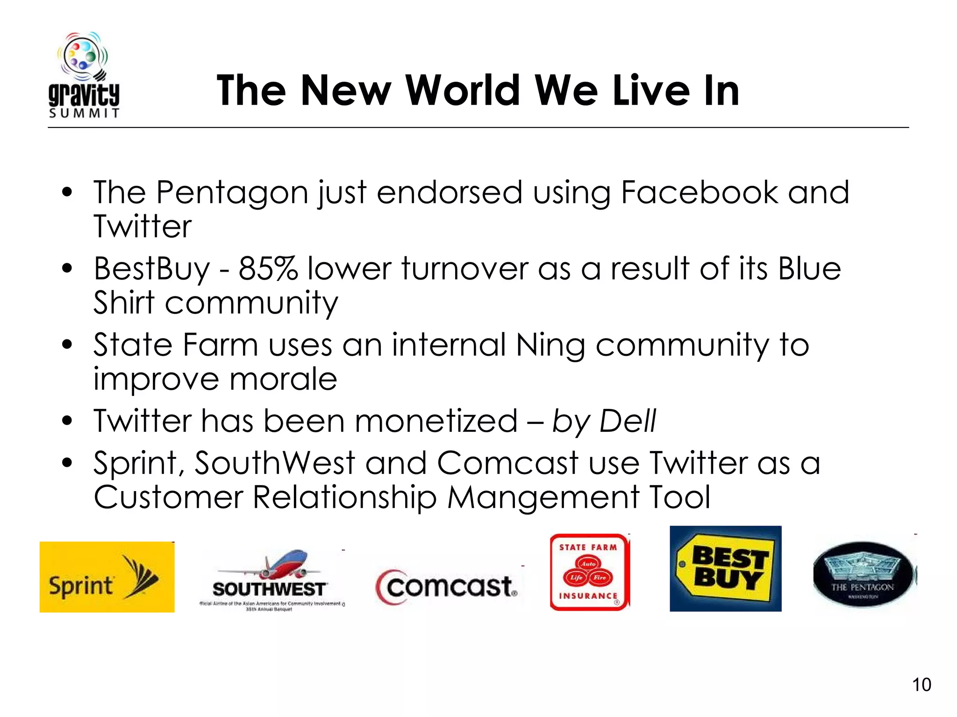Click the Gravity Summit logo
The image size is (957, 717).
[84, 75]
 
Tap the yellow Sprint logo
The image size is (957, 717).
[107, 577]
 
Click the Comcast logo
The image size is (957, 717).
[448, 587]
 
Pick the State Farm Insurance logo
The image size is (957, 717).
[589, 572]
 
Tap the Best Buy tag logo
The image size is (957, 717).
[725, 569]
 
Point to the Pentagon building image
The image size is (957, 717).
[864, 574]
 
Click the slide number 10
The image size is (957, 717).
[921, 685]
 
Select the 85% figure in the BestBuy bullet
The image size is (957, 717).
[268, 269]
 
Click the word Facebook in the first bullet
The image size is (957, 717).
[699, 192]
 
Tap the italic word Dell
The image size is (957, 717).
[628, 421]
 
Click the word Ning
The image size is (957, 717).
[550, 345]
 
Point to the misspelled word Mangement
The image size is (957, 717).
[543, 497]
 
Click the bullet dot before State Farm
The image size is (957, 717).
[67, 345]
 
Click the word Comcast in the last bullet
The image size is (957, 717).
[507, 463]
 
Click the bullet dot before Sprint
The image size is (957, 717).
[67, 463]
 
